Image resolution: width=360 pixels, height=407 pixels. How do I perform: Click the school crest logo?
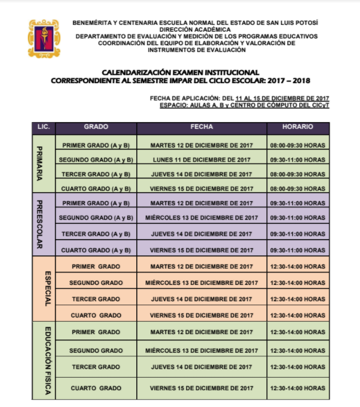44,38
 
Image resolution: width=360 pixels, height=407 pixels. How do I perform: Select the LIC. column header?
43,127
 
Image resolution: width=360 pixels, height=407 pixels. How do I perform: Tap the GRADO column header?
96,127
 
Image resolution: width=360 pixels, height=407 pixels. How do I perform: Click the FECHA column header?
201,127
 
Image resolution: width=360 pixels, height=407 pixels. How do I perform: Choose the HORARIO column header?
298,127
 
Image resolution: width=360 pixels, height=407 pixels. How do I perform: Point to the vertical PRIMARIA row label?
39,164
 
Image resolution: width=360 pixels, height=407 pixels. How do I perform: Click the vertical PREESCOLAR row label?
39,224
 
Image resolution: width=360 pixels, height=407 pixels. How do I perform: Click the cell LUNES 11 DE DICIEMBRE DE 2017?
201,159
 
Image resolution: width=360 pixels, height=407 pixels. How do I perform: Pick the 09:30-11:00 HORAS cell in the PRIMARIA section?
298,159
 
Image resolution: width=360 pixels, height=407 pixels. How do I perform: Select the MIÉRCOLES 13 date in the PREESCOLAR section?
201,218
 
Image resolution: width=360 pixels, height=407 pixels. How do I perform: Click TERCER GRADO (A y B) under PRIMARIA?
96,174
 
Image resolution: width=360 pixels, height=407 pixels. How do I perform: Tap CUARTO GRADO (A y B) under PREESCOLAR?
96,250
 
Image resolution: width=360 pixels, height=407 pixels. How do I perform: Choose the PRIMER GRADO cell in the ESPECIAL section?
96,266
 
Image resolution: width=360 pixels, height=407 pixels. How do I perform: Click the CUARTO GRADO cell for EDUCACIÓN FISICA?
96,388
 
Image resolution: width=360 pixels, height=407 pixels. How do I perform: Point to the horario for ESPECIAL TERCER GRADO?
298,299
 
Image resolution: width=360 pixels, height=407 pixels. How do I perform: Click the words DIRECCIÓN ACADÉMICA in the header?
195,29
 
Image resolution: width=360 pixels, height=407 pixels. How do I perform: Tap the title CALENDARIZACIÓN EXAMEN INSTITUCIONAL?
180,72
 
